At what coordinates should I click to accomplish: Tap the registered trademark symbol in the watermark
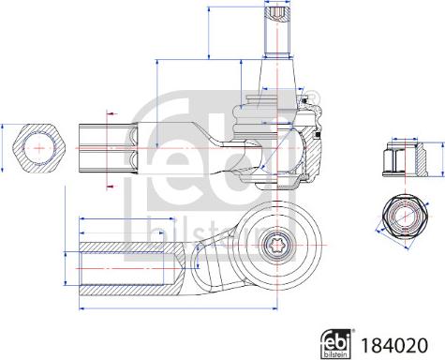[311, 96]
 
